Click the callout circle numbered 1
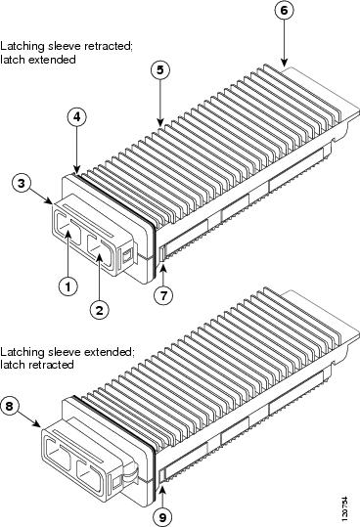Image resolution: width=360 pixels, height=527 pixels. click(x=68, y=286)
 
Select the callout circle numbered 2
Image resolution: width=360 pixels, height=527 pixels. click(x=100, y=309)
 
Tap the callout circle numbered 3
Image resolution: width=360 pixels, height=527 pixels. click(x=22, y=184)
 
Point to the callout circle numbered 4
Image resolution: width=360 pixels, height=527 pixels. click(x=77, y=117)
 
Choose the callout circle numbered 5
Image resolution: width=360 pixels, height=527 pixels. click(x=160, y=70)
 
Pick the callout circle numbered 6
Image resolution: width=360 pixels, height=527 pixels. click(x=284, y=11)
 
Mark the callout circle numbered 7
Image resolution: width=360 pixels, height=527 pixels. click(x=163, y=295)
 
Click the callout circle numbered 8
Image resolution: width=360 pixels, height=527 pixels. click(x=9, y=406)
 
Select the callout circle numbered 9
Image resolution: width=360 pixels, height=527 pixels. click(x=162, y=516)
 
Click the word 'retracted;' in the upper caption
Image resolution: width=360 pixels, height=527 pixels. click(x=109, y=46)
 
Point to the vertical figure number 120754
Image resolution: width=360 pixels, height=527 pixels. click(x=344, y=507)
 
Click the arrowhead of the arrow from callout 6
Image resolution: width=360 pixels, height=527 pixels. click(x=285, y=63)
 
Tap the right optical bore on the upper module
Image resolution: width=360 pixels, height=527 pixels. click(x=100, y=250)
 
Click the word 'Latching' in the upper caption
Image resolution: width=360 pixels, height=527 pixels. click(x=22, y=46)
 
